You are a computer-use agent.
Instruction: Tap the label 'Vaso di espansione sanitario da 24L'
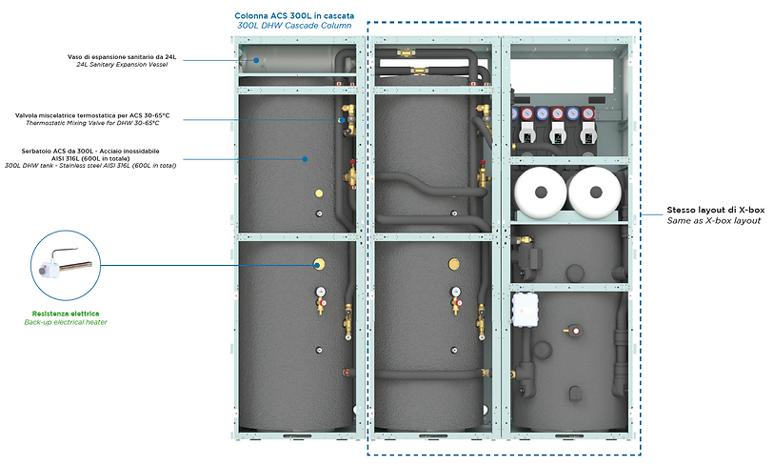click(x=121, y=57)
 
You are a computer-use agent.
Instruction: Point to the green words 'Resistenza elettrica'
click(x=67, y=314)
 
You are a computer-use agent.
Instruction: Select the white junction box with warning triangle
click(x=526, y=306)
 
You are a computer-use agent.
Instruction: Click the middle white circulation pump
click(x=557, y=133)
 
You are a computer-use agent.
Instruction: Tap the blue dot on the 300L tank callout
click(x=305, y=158)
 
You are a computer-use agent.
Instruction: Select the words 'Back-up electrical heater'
click(x=66, y=323)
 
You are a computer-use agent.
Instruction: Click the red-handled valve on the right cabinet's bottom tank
click(x=574, y=331)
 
